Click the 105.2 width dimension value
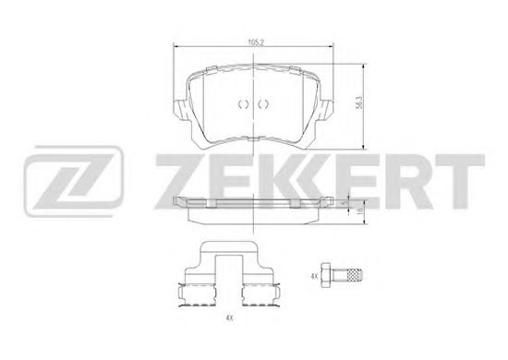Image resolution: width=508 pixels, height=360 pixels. pyautogui.click(x=256, y=42)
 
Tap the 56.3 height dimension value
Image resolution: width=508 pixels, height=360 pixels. pyautogui.click(x=358, y=103)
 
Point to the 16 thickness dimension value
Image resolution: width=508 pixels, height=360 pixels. pyautogui.click(x=359, y=210)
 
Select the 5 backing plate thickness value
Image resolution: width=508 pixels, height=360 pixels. pyautogui.click(x=345, y=203)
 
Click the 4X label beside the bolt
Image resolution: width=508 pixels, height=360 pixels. pyautogui.click(x=314, y=277)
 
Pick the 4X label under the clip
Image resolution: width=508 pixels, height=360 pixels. pyautogui.click(x=229, y=318)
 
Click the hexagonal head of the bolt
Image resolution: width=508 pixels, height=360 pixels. pyautogui.click(x=326, y=275)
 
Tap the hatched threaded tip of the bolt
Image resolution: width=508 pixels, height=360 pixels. pyautogui.click(x=355, y=275)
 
